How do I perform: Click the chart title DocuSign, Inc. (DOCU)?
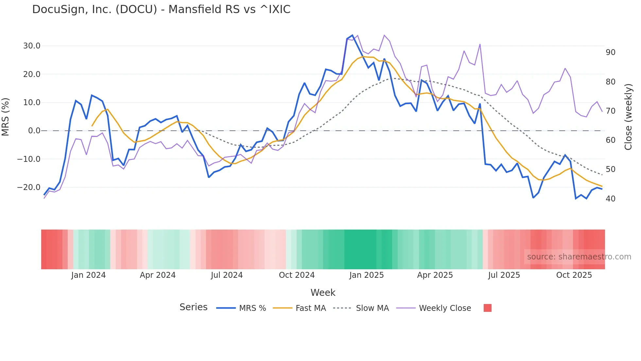click(x=161, y=9)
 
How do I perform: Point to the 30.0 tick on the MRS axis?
click(x=32, y=46)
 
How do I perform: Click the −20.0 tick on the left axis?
click(x=29, y=187)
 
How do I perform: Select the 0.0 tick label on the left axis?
click(x=34, y=131)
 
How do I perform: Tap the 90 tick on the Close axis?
click(x=610, y=52)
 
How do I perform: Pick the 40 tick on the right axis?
click(x=610, y=199)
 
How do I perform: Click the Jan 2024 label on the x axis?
click(x=88, y=275)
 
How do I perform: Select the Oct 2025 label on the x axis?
click(x=574, y=275)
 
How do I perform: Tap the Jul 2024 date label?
click(x=227, y=275)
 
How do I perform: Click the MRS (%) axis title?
click(x=6, y=117)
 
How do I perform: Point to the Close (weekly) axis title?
click(x=628, y=117)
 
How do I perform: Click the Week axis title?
click(x=323, y=293)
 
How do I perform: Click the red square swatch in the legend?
click(x=487, y=308)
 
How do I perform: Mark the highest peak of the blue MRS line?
click(x=352, y=35)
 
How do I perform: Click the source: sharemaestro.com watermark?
click(x=579, y=257)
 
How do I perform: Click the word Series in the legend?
click(x=193, y=307)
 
